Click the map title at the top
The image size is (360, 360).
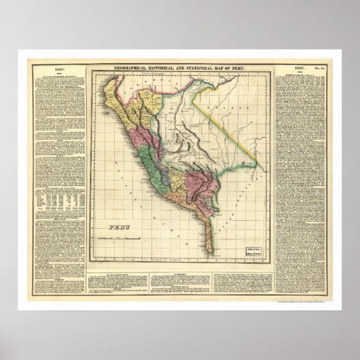180,66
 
